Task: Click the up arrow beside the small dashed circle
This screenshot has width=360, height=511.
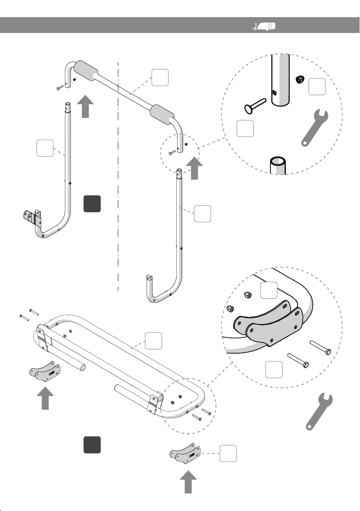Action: (x=195, y=168)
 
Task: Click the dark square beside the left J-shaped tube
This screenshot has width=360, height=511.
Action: (x=92, y=204)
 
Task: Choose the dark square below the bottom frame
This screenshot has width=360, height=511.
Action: (x=92, y=445)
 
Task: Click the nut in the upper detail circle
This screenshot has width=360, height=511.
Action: (x=300, y=79)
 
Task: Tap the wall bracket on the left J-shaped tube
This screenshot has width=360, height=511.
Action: (x=33, y=217)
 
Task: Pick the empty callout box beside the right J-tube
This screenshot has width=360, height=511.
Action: (x=202, y=213)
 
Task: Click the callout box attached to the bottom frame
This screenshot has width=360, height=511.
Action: (x=153, y=340)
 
